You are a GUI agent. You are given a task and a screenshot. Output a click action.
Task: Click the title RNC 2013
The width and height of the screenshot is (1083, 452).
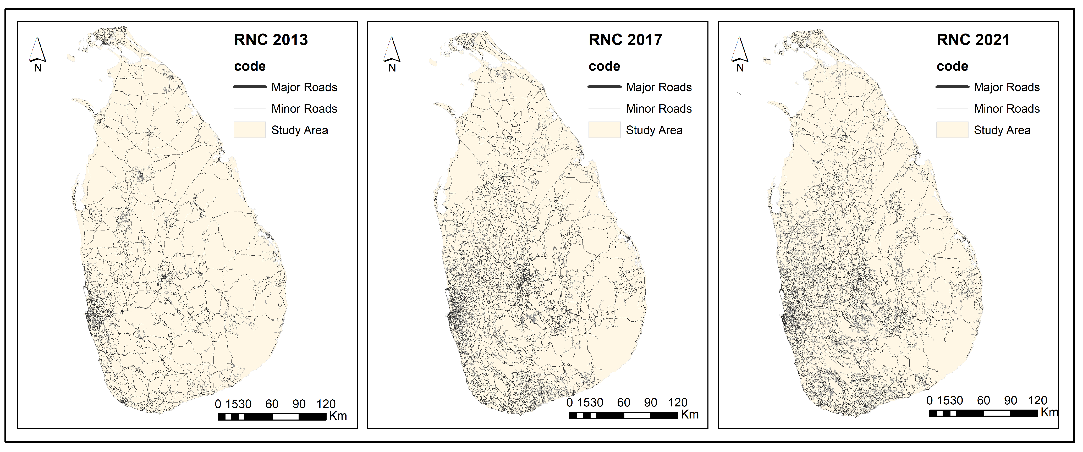271,40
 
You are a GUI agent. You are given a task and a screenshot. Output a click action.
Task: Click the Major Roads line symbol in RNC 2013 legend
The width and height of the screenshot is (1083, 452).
250,87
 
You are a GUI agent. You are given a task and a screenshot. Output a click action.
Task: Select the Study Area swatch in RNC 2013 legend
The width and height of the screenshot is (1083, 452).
250,130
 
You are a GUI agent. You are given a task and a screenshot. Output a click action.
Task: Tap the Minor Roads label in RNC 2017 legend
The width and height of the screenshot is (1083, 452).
658,109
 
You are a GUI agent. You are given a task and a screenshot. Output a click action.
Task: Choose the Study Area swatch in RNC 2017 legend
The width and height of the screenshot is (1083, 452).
604,130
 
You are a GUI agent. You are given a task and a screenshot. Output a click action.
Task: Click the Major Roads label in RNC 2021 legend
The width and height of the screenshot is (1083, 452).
1007,87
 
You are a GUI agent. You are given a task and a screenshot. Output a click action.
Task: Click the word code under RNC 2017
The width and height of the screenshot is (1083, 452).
604,67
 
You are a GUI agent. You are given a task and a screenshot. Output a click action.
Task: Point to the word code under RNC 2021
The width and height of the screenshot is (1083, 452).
952,67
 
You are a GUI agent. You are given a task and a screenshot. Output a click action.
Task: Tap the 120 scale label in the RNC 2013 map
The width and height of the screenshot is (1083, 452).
326,404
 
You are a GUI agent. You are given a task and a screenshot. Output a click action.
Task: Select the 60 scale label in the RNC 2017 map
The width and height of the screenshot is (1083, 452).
624,403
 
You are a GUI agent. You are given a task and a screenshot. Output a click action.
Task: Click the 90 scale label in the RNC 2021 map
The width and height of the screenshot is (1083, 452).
1010,400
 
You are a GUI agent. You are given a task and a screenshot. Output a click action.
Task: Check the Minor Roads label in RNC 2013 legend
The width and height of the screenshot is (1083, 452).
304,109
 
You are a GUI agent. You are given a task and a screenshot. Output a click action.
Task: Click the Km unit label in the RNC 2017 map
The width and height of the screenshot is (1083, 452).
690,415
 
